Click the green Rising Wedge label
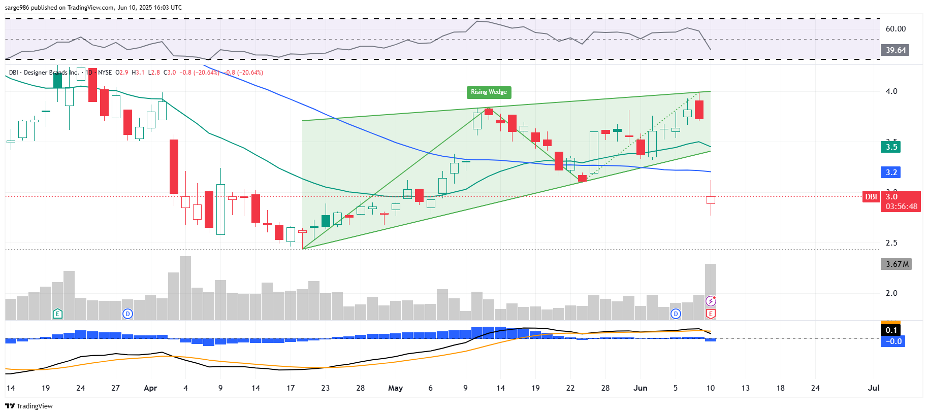[x=489, y=92]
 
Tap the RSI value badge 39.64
[x=895, y=50]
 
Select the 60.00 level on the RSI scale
[x=895, y=29]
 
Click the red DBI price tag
[x=871, y=197]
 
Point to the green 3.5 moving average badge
[x=891, y=147]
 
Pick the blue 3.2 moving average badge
[x=891, y=172]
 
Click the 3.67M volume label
[x=897, y=264]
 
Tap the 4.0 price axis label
[x=891, y=91]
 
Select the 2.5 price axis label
[x=891, y=243]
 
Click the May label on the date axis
[x=395, y=388]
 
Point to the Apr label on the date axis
[x=150, y=388]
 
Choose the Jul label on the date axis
[x=874, y=388]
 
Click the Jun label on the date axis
[x=641, y=388]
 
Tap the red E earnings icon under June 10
[x=711, y=314]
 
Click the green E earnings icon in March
[x=57, y=314]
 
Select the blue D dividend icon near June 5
[x=676, y=314]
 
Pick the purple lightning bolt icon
[x=711, y=301]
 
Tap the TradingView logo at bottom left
[x=29, y=406]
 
